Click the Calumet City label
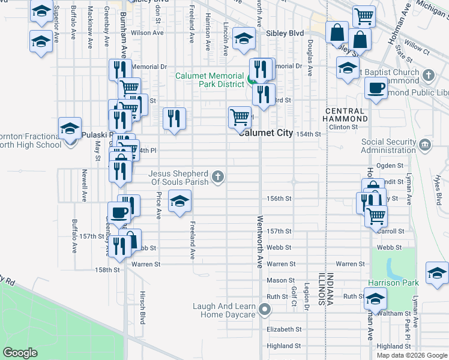265,133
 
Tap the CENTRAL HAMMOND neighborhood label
345,115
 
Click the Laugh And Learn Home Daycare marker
265,310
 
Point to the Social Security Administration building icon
424,145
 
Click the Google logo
20,353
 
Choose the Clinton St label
344,127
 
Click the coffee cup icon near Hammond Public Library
376,88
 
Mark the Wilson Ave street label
143,33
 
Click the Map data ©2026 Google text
411,355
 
